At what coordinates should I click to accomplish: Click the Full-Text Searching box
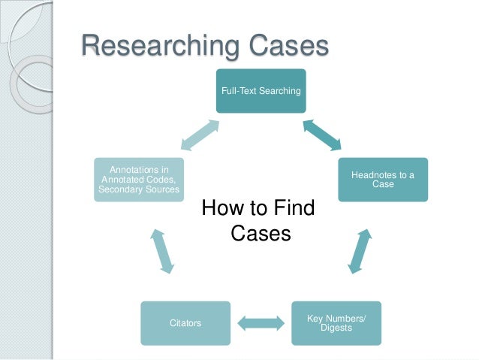pos(261,91)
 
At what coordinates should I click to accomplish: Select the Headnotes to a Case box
pos(382,180)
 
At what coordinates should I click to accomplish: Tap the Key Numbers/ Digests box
pos(336,323)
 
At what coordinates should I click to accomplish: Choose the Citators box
pos(185,323)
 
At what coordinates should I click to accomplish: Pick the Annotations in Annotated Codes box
pos(139,180)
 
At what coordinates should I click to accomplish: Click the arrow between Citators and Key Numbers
pos(261,324)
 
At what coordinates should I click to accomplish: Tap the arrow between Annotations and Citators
pos(162,251)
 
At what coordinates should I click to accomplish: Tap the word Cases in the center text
pos(260,234)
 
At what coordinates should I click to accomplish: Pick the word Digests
pos(336,328)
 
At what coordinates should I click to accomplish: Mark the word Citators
pos(185,323)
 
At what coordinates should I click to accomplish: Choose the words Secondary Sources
pos(139,189)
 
